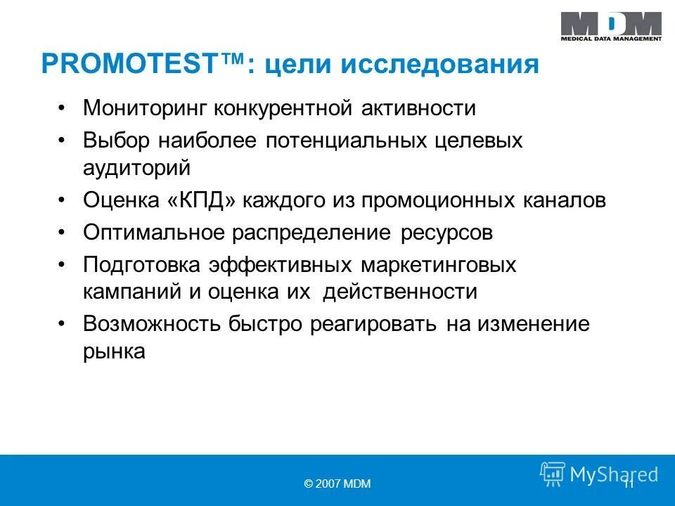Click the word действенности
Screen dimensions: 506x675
coord(399,292)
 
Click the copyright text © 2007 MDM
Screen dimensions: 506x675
coord(337,484)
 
